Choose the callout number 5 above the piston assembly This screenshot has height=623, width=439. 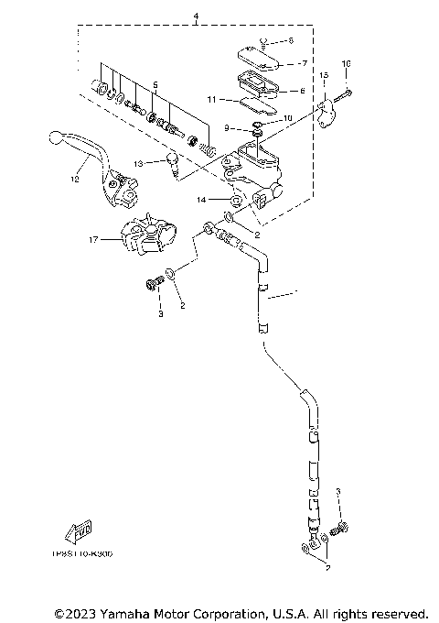pyautogui.click(x=156, y=84)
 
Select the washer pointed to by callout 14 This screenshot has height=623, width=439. pyautogui.click(x=234, y=198)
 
